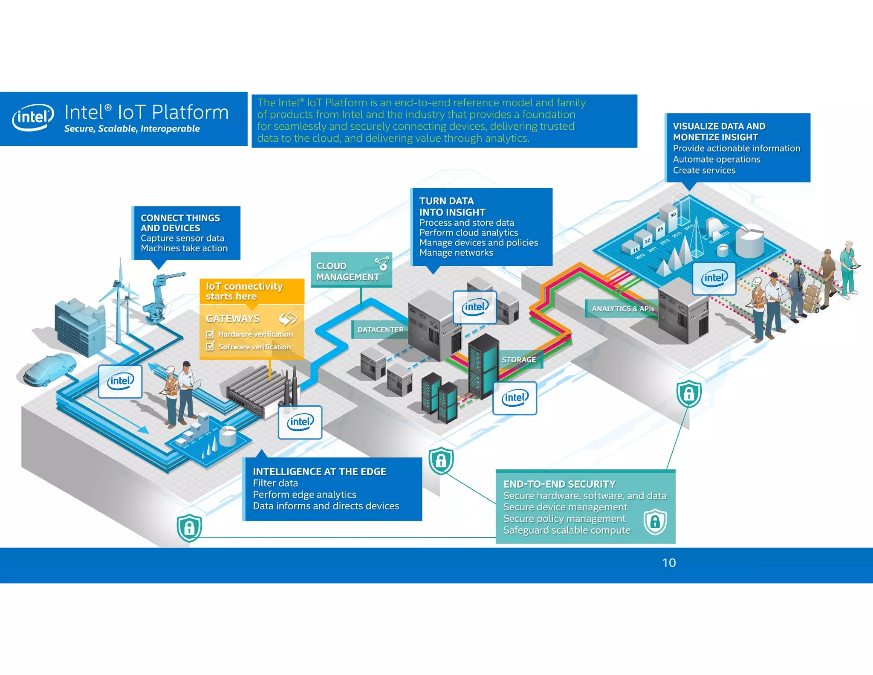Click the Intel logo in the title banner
[33, 117]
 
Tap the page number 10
[668, 563]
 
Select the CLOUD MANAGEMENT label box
[351, 271]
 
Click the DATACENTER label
[380, 330]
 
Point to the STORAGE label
[519, 360]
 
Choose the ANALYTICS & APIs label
[622, 308]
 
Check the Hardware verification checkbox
[210, 334]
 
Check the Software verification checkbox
[210, 346]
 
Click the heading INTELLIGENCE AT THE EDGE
[319, 471]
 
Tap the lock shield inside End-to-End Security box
[655, 521]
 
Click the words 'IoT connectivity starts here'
[244, 291]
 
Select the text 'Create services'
[704, 170]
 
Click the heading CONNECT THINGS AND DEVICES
[180, 223]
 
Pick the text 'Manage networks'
[456, 253]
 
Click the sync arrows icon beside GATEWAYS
[288, 318]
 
